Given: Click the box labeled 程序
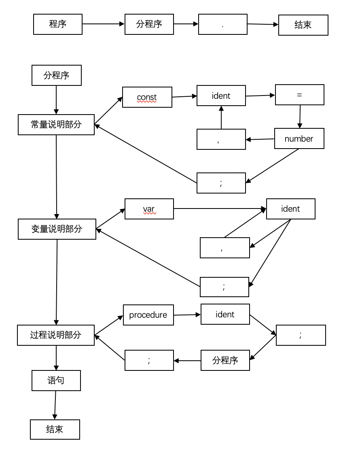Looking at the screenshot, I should tap(58, 24).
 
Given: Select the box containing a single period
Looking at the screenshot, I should tap(223, 24).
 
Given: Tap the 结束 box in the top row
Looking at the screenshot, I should tap(303, 25).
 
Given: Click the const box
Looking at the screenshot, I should tap(147, 97).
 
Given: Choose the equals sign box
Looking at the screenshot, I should tap(300, 95).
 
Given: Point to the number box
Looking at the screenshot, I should tap(299, 138).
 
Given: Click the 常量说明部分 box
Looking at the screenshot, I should tap(56, 125).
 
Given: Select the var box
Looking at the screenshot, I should tap(149, 209).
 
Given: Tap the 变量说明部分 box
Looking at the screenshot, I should tap(57, 229).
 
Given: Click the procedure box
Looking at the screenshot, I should tap(148, 315).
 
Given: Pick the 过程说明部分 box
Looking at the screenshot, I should tap(56, 335).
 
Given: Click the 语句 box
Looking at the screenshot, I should tap(56, 381).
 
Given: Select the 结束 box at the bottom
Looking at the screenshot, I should tap(55, 430).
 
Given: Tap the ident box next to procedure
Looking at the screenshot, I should tap(225, 314).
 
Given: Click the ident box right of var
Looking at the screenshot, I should tap(291, 209).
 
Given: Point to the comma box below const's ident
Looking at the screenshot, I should tap(221, 139).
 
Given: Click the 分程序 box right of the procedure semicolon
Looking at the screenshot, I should tap(225, 360).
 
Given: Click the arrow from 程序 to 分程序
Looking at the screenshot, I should tap(103, 24).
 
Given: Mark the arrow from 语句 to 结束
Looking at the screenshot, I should tap(55, 405).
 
